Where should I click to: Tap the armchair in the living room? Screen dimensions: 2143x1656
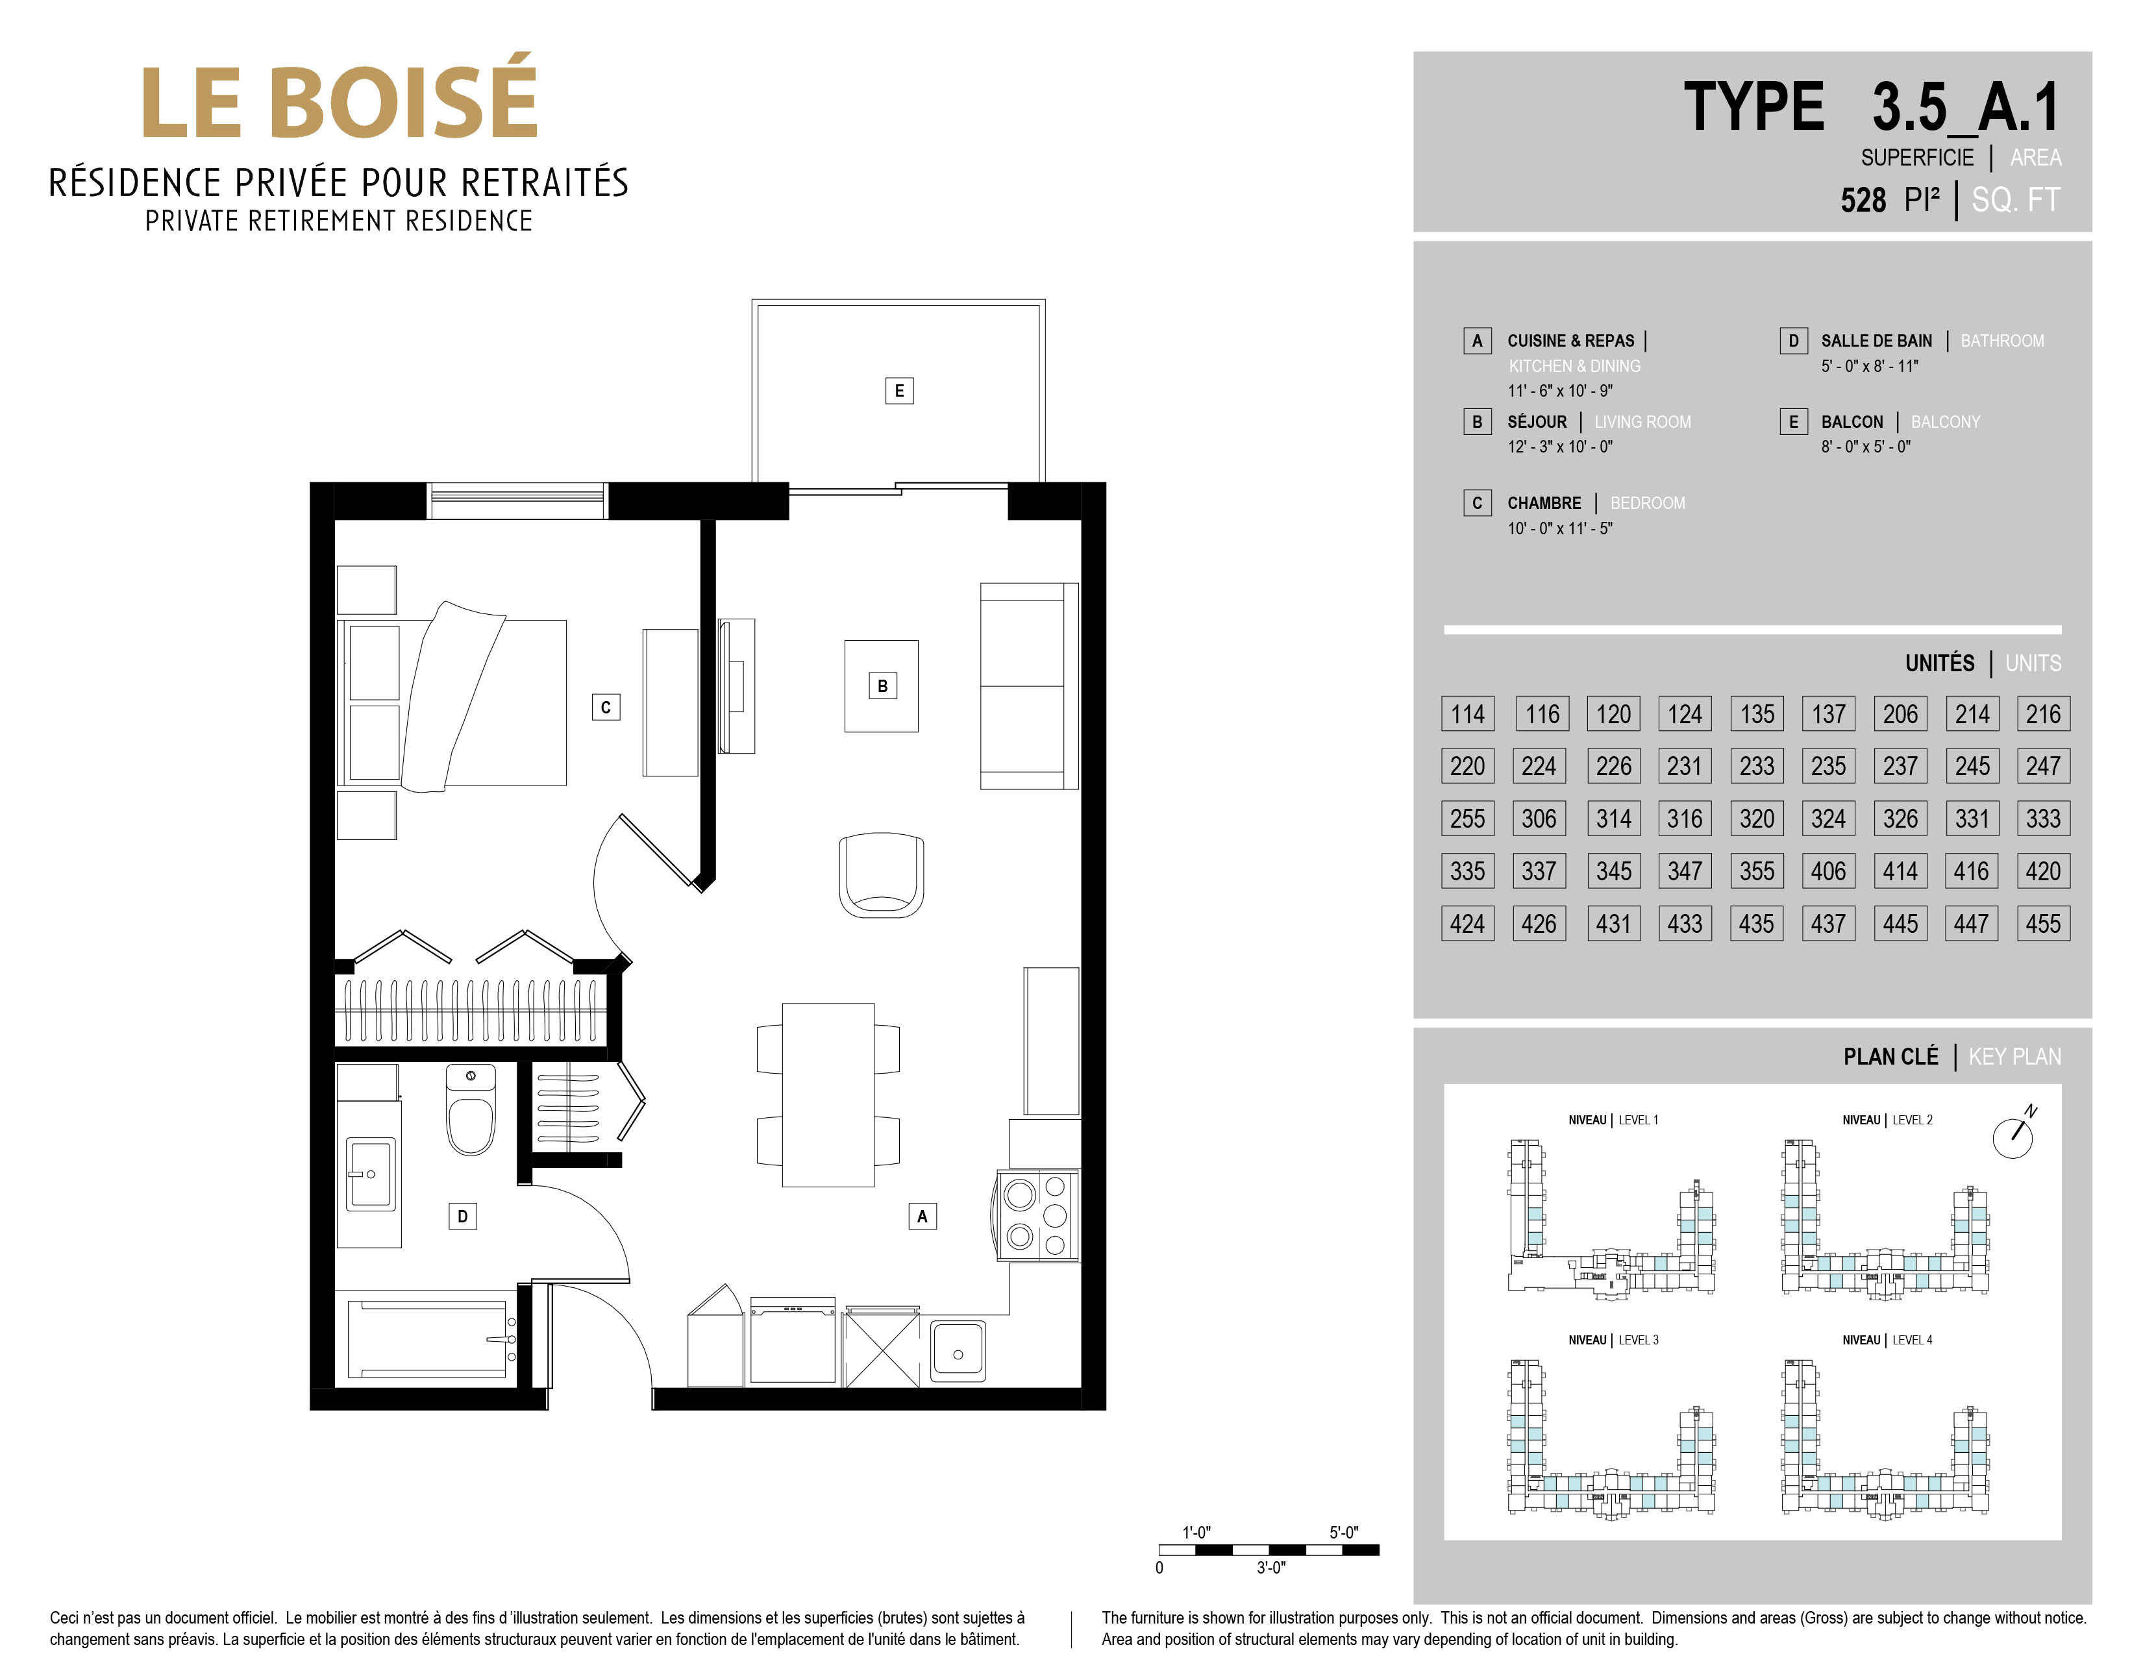[x=881, y=875]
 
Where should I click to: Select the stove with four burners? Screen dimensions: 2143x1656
[x=1038, y=1215]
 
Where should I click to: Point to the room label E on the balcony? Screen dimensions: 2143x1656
[x=898, y=390]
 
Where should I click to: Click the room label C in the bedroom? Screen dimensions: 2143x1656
[x=606, y=706]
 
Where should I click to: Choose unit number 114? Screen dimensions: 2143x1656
[x=1468, y=714]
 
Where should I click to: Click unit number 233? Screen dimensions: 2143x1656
[x=1756, y=766]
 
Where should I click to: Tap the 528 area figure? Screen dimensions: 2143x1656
[x=1863, y=200]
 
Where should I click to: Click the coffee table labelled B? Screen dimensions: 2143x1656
[x=881, y=686]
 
